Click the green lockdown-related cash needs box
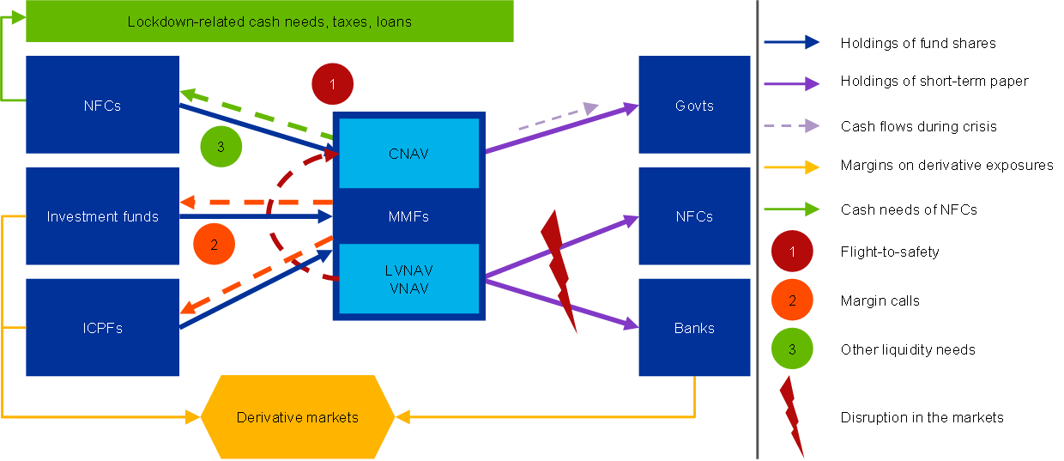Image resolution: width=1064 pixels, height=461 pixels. click(x=269, y=21)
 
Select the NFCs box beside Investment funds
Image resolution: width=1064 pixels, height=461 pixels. click(x=102, y=106)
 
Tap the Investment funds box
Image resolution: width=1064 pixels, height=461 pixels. click(x=102, y=216)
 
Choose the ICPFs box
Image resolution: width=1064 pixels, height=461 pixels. click(x=102, y=328)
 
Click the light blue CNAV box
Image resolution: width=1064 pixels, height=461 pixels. click(x=408, y=154)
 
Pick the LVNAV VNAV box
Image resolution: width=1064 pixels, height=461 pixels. click(x=408, y=279)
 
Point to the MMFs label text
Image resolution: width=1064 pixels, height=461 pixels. click(x=408, y=216)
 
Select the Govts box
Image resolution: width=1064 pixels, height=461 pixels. click(x=694, y=106)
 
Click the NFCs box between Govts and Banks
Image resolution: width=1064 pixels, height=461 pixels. click(x=694, y=216)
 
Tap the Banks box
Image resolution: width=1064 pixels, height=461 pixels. click(x=694, y=328)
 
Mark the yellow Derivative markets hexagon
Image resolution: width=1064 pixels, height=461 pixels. click(x=297, y=417)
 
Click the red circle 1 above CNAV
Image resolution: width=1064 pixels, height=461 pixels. click(x=333, y=84)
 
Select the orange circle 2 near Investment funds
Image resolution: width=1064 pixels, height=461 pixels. click(x=215, y=244)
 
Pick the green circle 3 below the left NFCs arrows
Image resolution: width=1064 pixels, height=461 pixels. click(x=221, y=146)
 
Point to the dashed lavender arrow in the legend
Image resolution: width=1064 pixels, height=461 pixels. click(x=791, y=125)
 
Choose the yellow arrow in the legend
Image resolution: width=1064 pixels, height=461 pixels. click(x=791, y=167)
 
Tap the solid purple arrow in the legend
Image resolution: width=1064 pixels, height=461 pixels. click(x=791, y=83)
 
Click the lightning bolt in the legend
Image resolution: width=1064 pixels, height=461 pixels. click(x=792, y=416)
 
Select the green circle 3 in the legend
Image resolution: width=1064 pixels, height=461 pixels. click(x=792, y=349)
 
